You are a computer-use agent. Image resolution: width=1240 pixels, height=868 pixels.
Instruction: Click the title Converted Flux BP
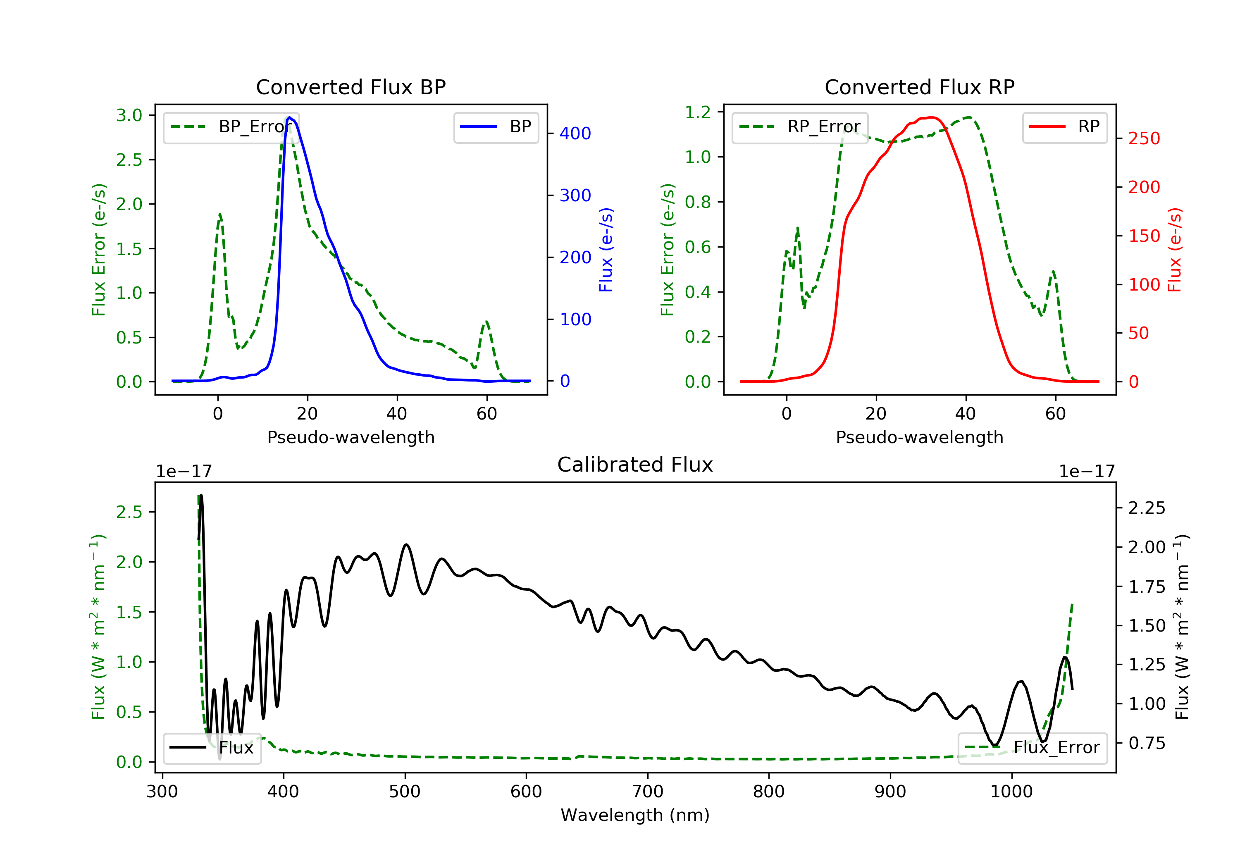coord(351,87)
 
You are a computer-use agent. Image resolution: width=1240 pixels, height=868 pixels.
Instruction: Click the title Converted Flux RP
coord(919,87)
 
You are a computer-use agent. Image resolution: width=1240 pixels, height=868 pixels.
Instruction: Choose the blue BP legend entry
coord(496,127)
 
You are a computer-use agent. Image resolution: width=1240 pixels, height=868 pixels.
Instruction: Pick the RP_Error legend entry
coord(800,127)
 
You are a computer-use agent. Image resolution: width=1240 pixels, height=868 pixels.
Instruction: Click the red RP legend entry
coord(1064,127)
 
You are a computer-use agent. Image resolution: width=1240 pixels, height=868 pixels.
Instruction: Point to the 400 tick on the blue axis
coord(575,134)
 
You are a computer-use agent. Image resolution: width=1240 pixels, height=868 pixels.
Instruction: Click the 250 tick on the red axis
coord(1144,139)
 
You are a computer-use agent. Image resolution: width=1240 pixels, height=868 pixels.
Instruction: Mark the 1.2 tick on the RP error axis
coord(698,112)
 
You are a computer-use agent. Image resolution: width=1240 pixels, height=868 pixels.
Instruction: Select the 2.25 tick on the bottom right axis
coord(1147,508)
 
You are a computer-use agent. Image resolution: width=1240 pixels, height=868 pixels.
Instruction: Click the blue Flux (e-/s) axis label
coord(606,250)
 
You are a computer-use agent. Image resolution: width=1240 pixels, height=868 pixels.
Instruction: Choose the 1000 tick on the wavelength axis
coord(1011,792)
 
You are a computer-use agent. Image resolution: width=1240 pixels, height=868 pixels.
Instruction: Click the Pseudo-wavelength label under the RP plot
coord(919,437)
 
